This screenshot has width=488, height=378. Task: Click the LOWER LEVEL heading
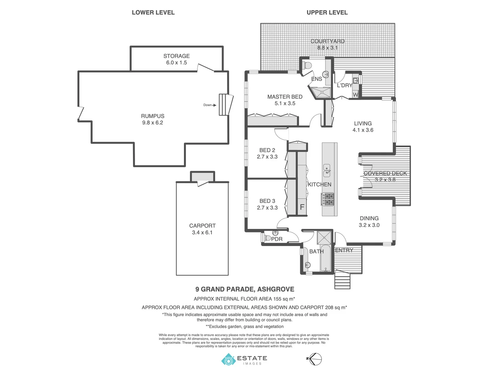(x=153, y=13)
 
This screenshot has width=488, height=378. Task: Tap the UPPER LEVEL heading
(x=327, y=13)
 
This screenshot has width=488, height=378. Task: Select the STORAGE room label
(x=176, y=56)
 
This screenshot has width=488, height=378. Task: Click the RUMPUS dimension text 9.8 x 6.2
(x=153, y=123)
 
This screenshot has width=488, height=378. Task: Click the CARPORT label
(x=202, y=226)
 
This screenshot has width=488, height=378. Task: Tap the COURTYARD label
(x=327, y=41)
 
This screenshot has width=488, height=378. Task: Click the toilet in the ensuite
(x=307, y=65)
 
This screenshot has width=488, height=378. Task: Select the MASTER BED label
(x=285, y=97)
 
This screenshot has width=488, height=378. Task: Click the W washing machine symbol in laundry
(x=355, y=94)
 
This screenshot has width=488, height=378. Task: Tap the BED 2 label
(x=267, y=150)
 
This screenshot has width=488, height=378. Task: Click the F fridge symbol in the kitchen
(x=302, y=207)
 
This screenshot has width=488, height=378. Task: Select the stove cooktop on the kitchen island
(x=328, y=199)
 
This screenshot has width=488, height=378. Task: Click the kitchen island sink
(x=327, y=170)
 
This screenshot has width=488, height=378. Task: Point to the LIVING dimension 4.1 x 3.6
(x=363, y=130)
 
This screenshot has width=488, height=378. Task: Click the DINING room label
(x=369, y=218)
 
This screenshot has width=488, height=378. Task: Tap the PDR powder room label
(x=277, y=239)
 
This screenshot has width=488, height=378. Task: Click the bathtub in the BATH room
(x=326, y=259)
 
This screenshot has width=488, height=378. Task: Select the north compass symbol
(x=315, y=359)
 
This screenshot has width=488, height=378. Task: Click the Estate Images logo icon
(x=228, y=359)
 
